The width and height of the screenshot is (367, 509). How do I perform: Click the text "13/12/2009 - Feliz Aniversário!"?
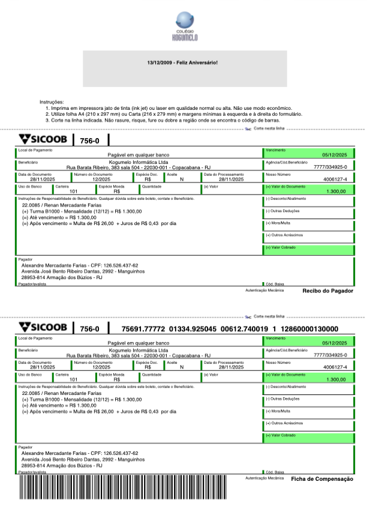pyautogui.click(x=183, y=62)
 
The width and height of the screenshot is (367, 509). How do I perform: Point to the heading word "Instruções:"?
pyautogui.click(x=51, y=102)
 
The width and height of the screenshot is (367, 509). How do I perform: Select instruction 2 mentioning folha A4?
pyautogui.click(x=174, y=113)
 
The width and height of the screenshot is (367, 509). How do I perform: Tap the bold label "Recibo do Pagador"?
pyautogui.click(x=328, y=291)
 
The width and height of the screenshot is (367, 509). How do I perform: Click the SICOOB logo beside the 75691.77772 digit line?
pyautogui.click(x=43, y=328)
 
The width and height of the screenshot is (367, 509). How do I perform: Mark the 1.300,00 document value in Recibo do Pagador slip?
pyautogui.click(x=336, y=191)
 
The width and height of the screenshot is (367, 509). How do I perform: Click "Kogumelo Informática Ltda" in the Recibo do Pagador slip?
pyautogui.click(x=139, y=162)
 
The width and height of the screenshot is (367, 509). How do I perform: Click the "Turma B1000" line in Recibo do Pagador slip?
pyautogui.click(x=82, y=211)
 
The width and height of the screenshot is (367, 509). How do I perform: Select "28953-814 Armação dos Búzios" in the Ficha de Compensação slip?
pyautogui.click(x=62, y=465)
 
